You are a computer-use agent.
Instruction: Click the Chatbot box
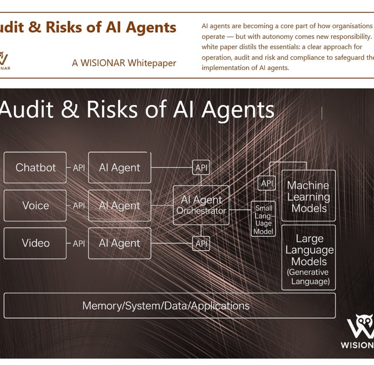click(x=35, y=167)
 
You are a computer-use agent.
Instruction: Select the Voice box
click(x=35, y=205)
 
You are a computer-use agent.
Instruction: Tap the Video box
click(x=35, y=243)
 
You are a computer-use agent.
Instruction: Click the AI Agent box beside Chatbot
click(x=119, y=167)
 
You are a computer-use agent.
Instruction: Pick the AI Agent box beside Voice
click(x=119, y=205)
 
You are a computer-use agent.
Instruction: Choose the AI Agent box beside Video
click(x=119, y=243)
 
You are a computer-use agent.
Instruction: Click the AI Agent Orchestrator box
click(x=201, y=205)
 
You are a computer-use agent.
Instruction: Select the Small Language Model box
click(x=263, y=219)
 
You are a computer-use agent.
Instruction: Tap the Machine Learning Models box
click(x=308, y=197)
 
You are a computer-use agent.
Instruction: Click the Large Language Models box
click(x=309, y=258)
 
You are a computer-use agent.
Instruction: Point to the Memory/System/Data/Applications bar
click(x=169, y=306)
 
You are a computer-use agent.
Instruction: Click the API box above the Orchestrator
click(x=201, y=168)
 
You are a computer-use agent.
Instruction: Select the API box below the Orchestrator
click(x=201, y=243)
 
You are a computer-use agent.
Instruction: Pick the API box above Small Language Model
click(x=266, y=183)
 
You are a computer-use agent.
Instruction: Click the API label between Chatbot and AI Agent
click(x=78, y=167)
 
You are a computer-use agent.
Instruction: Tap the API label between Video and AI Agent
click(x=78, y=243)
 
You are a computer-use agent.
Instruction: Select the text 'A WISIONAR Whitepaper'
click(x=124, y=63)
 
